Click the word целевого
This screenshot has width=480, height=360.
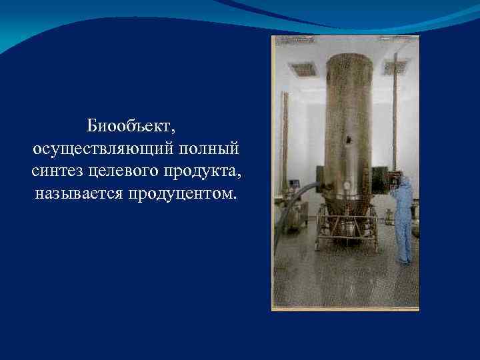click(x=121, y=171)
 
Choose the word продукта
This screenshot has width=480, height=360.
click(x=203, y=171)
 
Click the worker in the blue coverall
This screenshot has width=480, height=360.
click(x=403, y=220)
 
